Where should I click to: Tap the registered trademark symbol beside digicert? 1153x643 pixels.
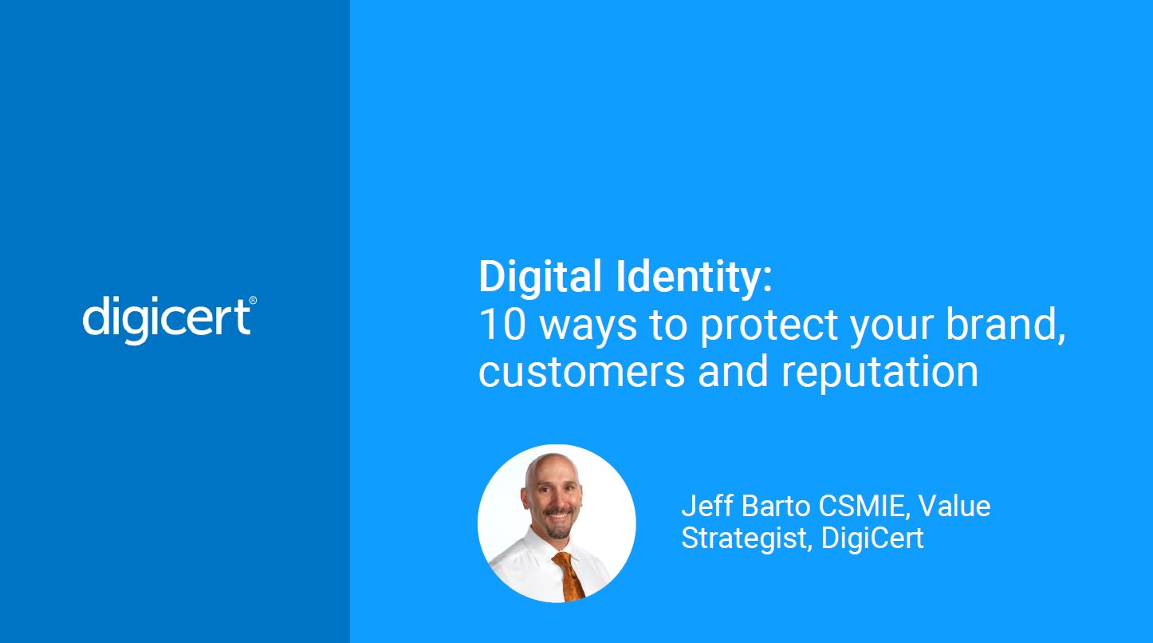(253, 301)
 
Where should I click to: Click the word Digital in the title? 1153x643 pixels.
(541, 277)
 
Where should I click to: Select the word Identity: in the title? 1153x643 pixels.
(695, 277)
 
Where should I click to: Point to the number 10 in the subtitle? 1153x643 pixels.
(502, 325)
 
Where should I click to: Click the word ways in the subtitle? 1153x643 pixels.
(588, 329)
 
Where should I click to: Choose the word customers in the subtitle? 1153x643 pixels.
(581, 373)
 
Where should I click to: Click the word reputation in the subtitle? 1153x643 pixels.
(880, 373)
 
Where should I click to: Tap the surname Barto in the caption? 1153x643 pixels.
(776, 506)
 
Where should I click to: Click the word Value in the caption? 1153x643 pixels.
(954, 506)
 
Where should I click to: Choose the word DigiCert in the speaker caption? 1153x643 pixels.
(872, 538)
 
